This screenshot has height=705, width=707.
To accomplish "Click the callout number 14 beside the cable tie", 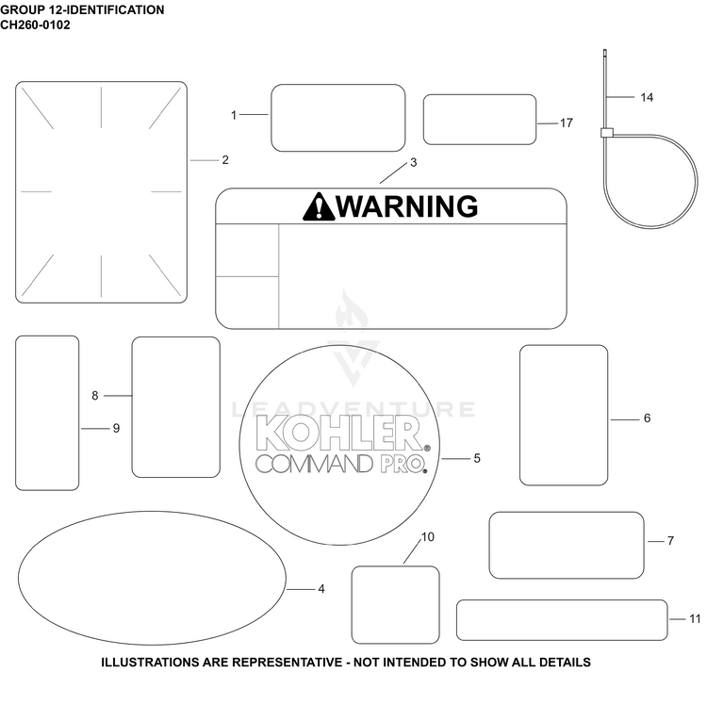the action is [x=647, y=97].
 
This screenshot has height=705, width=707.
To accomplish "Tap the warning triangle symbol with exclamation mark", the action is [x=319, y=206].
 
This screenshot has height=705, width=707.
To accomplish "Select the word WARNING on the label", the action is [x=407, y=206].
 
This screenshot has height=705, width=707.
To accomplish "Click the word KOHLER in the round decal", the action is [x=339, y=433].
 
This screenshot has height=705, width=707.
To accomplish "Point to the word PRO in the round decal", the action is [x=403, y=465].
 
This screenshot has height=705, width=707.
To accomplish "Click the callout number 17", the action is [x=567, y=123].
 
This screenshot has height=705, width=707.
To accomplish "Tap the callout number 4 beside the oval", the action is [x=321, y=589].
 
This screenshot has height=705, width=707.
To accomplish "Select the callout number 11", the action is [x=695, y=619].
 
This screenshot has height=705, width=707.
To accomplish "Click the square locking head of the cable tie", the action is [x=607, y=133].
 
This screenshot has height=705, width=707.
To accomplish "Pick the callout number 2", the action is [x=225, y=160].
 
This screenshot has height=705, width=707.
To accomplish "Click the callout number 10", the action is [x=427, y=537].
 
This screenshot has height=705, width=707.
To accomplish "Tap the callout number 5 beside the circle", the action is [x=477, y=458].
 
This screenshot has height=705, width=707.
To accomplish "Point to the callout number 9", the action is [x=116, y=428].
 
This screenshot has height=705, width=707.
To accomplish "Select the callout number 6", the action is [x=647, y=418].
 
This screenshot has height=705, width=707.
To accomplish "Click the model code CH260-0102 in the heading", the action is [x=35, y=25].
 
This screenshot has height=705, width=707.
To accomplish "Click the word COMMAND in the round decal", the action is [x=315, y=465].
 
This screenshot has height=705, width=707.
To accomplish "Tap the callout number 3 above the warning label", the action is [x=413, y=162].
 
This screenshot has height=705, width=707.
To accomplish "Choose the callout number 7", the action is [x=670, y=540].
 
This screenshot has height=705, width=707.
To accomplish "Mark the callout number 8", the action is [x=94, y=395].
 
